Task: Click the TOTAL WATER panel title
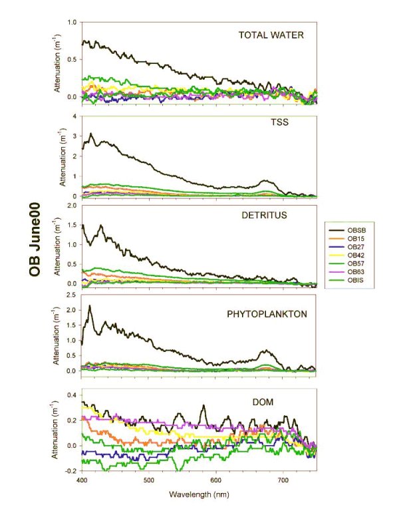271,35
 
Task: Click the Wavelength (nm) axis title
199,496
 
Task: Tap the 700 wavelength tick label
283,479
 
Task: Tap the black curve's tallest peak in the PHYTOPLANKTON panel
89,306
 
